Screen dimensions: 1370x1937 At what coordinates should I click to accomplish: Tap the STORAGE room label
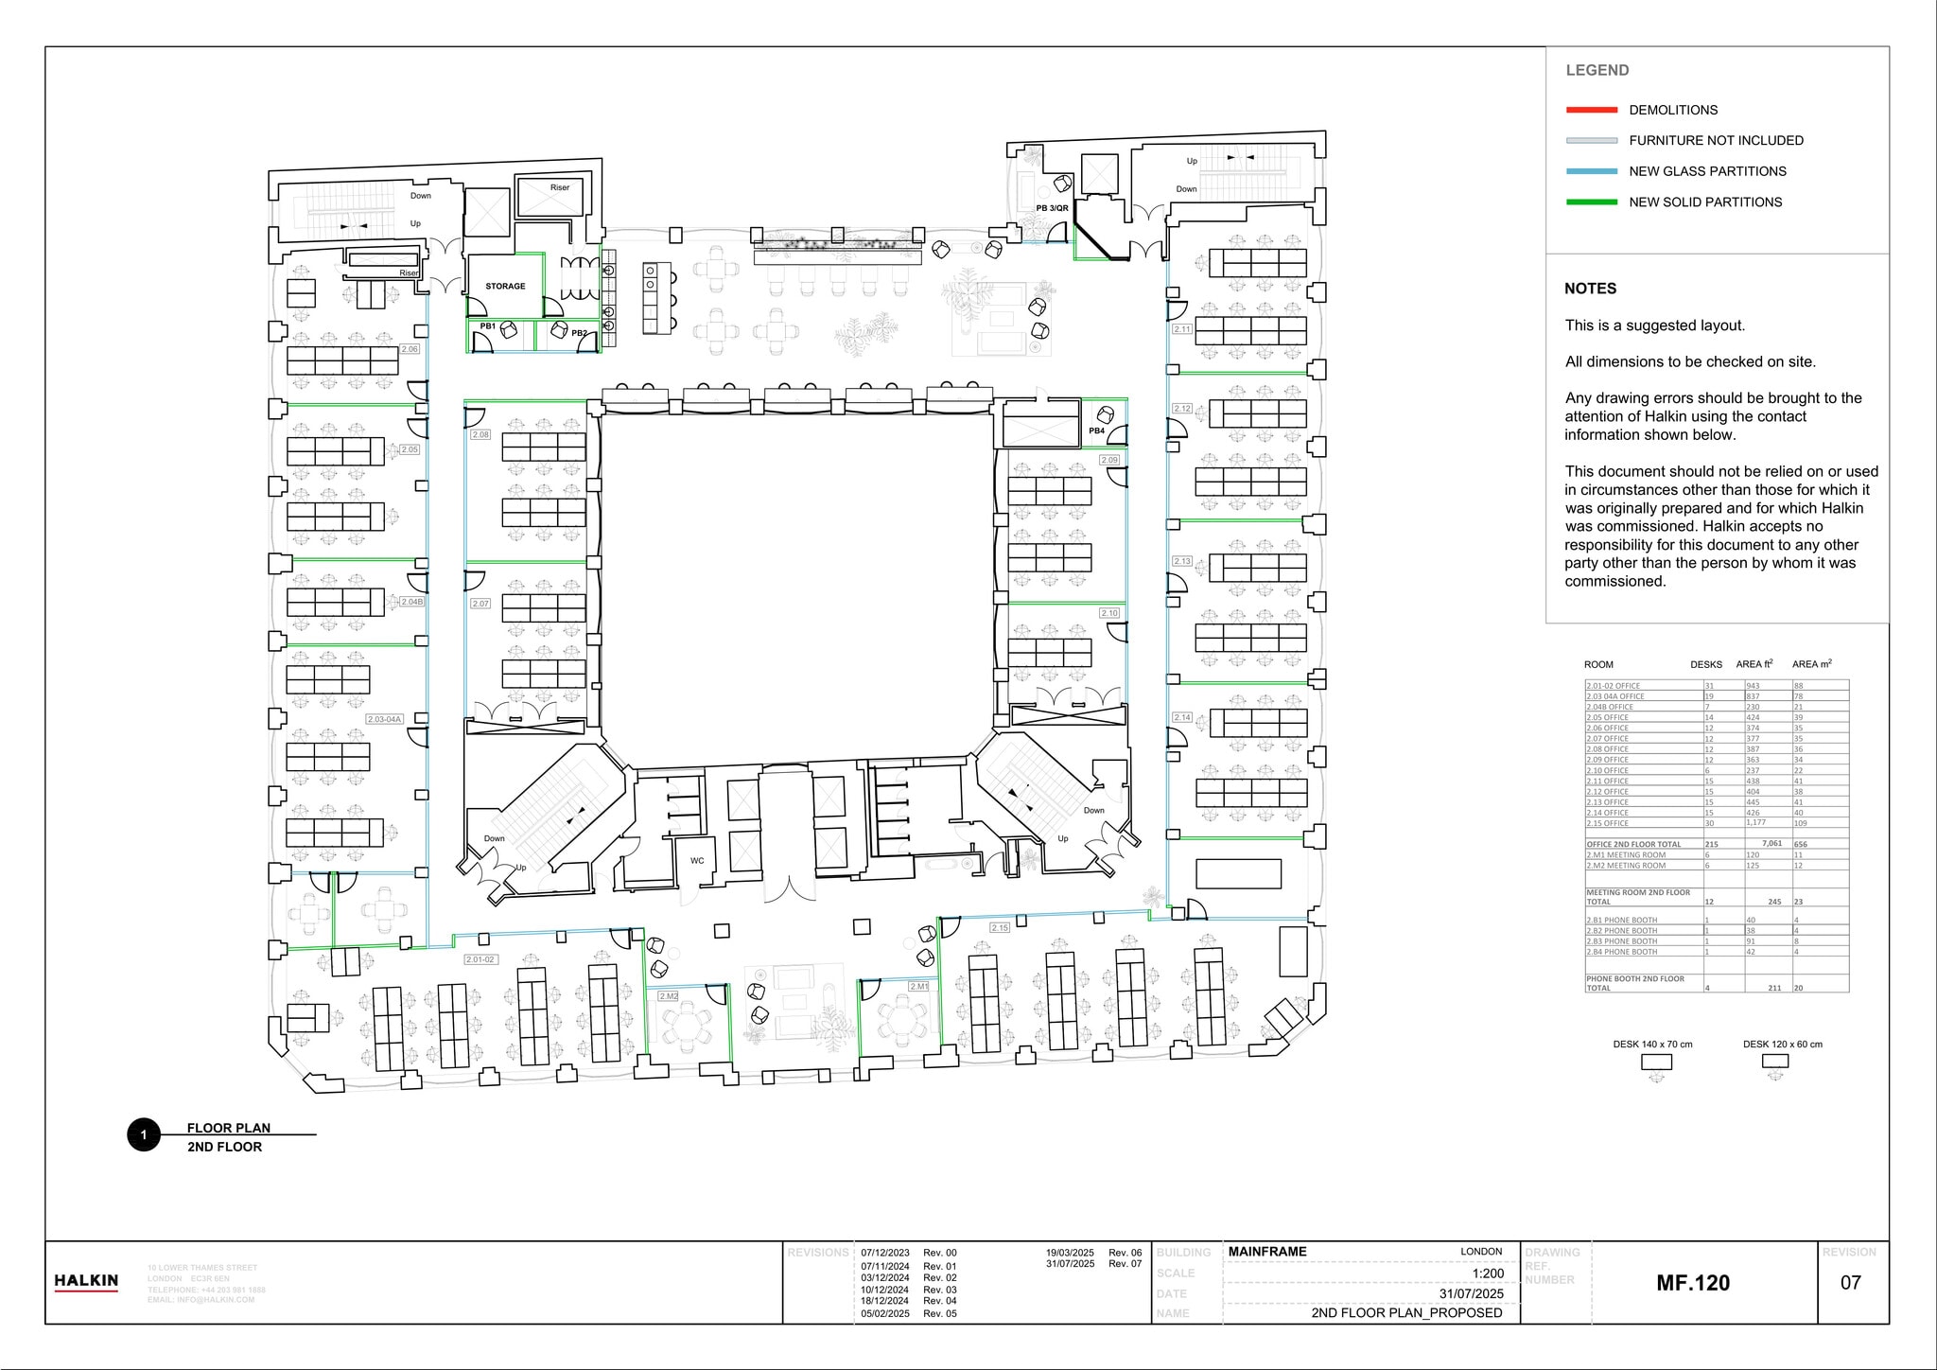pyautogui.click(x=505, y=286)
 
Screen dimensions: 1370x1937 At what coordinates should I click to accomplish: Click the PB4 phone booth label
pyautogui.click(x=1096, y=430)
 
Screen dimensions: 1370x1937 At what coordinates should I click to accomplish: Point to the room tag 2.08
pyautogui.click(x=480, y=434)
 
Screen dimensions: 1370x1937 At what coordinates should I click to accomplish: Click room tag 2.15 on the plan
pyautogui.click(x=1000, y=927)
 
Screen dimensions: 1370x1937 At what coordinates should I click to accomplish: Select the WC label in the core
pyautogui.click(x=697, y=861)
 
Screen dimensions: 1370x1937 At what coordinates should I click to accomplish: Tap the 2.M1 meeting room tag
pyautogui.click(x=918, y=986)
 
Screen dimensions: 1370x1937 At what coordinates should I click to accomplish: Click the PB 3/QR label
pyautogui.click(x=1052, y=208)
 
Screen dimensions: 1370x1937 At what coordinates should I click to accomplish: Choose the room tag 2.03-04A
pyautogui.click(x=385, y=719)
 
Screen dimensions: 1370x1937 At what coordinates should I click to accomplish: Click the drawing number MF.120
pyautogui.click(x=1693, y=1283)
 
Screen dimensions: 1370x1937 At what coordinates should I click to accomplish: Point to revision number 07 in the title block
pyautogui.click(x=1850, y=1283)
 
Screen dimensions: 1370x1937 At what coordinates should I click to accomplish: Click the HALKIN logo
pyautogui.click(x=86, y=1281)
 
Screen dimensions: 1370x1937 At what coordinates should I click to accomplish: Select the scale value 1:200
pyautogui.click(x=1488, y=1273)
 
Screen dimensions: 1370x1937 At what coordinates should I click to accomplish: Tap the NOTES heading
pyautogui.click(x=1590, y=289)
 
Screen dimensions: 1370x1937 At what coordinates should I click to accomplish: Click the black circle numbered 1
pyautogui.click(x=144, y=1134)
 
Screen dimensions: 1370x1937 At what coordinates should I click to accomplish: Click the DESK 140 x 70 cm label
pyautogui.click(x=1652, y=1045)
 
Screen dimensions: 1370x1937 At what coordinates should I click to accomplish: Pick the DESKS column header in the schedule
pyautogui.click(x=1706, y=664)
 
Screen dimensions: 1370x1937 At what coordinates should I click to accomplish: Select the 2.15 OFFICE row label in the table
pyautogui.click(x=1608, y=823)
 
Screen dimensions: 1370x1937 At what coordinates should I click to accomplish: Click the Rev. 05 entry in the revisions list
pyautogui.click(x=939, y=1313)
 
